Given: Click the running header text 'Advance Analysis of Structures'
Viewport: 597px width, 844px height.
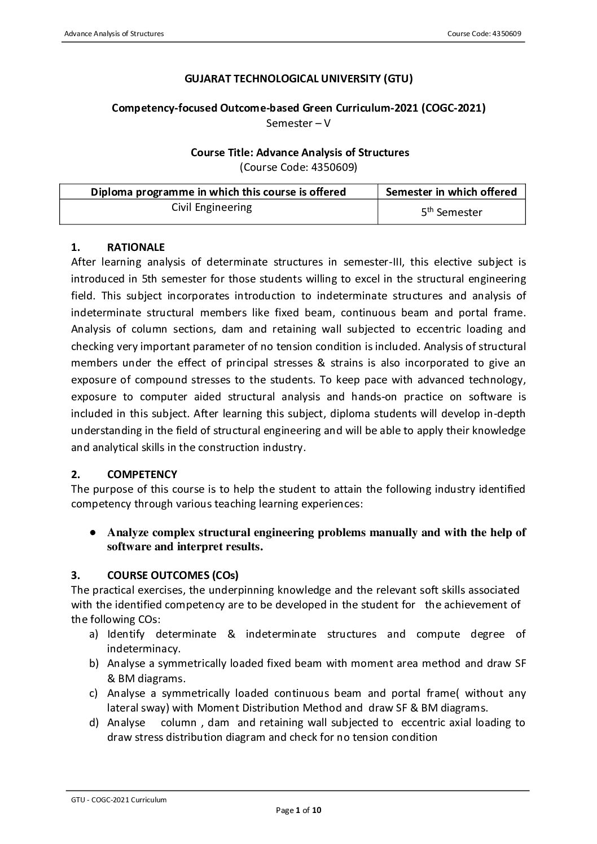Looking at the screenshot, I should [113, 34].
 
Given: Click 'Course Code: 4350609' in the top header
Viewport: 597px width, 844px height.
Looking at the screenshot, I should [484, 34].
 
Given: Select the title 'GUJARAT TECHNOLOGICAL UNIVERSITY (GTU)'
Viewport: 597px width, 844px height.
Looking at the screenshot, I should [298, 79].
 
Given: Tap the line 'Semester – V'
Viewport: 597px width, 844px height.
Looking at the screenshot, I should [298, 123].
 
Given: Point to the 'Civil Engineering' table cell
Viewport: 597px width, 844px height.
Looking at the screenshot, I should [212, 207].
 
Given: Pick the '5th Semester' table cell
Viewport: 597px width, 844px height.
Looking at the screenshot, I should [451, 213].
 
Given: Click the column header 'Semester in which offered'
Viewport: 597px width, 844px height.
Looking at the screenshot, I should [451, 192].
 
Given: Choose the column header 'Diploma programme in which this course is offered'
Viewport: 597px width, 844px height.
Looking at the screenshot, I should [218, 192].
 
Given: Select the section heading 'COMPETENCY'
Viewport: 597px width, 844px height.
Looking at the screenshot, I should [142, 474].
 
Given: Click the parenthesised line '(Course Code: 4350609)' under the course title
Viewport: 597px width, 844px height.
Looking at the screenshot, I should [298, 167].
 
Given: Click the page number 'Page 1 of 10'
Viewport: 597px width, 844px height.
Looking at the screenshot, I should [298, 811].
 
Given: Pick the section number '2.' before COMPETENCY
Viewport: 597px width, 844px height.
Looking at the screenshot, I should [75, 474].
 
